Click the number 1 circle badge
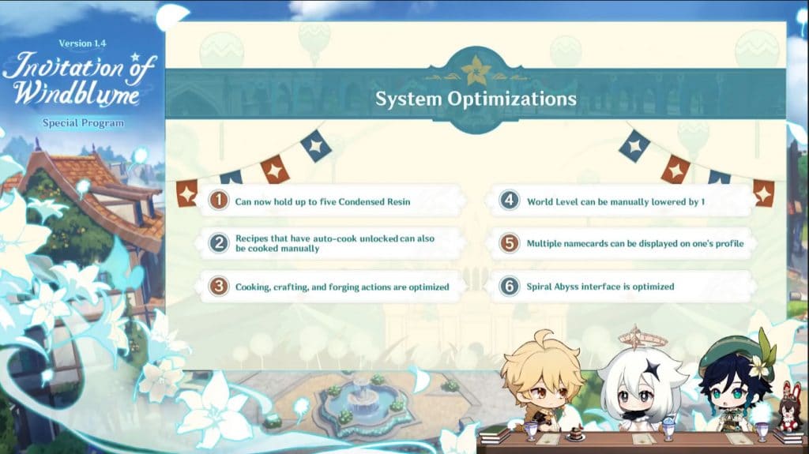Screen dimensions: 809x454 click(x=219, y=201)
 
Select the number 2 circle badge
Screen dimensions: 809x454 click(x=219, y=243)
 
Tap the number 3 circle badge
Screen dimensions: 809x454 click(x=219, y=287)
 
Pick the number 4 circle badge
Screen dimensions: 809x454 click(x=510, y=201)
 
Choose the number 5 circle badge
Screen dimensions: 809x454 click(x=510, y=243)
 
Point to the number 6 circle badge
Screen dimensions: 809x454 click(x=510, y=287)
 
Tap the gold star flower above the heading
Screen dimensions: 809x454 click(x=475, y=71)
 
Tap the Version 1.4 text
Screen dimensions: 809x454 click(x=82, y=43)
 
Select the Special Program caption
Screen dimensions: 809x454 click(x=83, y=123)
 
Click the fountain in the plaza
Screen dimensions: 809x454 click(x=361, y=403)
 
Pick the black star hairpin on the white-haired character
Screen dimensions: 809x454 click(x=652, y=369)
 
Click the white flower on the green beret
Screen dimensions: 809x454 click(x=759, y=366)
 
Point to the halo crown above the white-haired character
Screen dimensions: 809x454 click(x=637, y=337)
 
